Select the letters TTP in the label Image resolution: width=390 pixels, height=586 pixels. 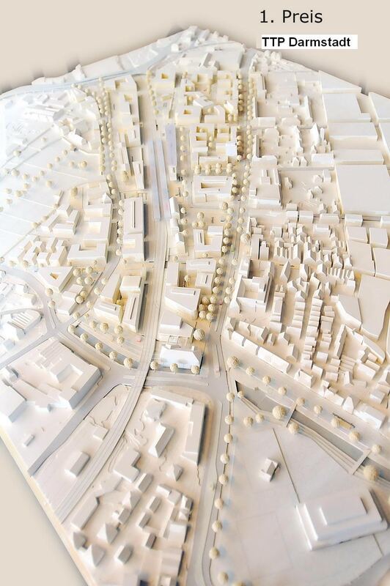[277, 42]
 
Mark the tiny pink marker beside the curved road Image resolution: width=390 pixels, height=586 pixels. [138, 340]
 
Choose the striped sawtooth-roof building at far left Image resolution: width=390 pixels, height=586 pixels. [22, 322]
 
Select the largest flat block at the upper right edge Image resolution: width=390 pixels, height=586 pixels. [363, 187]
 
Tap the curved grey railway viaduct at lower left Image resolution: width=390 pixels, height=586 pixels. [110, 454]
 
